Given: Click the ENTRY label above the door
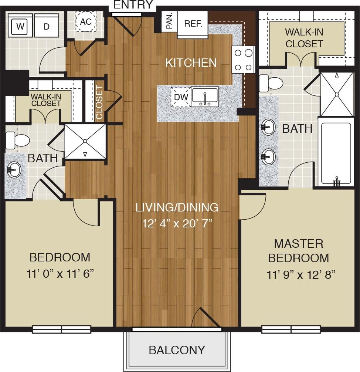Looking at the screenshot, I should pyautogui.click(x=133, y=5).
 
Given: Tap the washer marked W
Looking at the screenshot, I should pyautogui.click(x=20, y=26).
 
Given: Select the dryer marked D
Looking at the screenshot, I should pyautogui.click(x=47, y=26).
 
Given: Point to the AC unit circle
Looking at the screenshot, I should pyautogui.click(x=86, y=21).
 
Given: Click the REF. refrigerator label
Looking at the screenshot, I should pyautogui.click(x=193, y=24).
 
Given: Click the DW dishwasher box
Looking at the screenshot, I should pyautogui.click(x=181, y=97).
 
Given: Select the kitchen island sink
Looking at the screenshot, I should pyautogui.click(x=204, y=97).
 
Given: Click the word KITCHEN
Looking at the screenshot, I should pyautogui.click(x=191, y=63).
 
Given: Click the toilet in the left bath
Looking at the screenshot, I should pyautogui.click(x=17, y=140).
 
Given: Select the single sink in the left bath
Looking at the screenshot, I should pyautogui.click(x=14, y=170).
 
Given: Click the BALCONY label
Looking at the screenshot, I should pyautogui.click(x=177, y=350).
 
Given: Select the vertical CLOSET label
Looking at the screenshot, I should pyautogui.click(x=99, y=102).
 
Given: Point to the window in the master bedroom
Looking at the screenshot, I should pyautogui.click(x=291, y=329).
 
